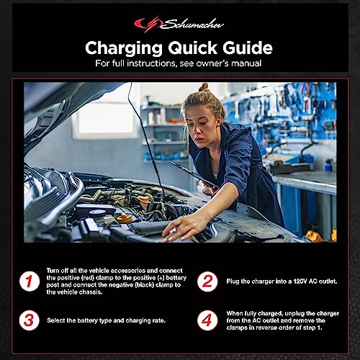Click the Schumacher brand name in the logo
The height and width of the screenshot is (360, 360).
[189, 24]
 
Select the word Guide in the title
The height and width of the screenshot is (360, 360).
[246, 48]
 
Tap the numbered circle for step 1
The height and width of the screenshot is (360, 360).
[28, 282]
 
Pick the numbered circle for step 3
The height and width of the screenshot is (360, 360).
[28, 320]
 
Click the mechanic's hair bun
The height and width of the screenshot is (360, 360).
[204, 89]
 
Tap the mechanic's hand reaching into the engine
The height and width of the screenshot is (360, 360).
[174, 229]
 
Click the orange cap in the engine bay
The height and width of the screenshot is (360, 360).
[125, 217]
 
